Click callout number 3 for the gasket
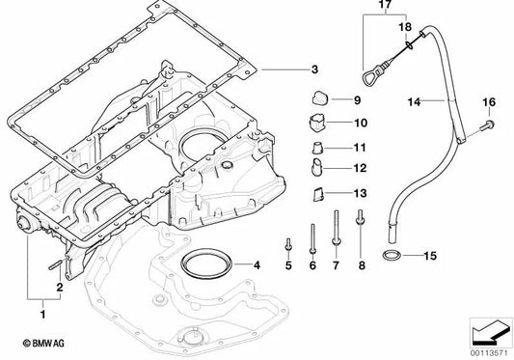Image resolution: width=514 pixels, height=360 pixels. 313,69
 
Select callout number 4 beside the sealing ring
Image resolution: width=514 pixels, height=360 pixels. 257,263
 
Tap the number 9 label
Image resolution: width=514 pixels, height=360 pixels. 356,99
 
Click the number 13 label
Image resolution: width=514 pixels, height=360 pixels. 360,194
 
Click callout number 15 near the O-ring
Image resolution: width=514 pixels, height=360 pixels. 430,257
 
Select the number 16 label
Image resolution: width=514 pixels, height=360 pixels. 488,101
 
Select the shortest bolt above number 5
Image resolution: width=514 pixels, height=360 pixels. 288,243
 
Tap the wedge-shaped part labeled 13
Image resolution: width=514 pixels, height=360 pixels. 315,194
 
